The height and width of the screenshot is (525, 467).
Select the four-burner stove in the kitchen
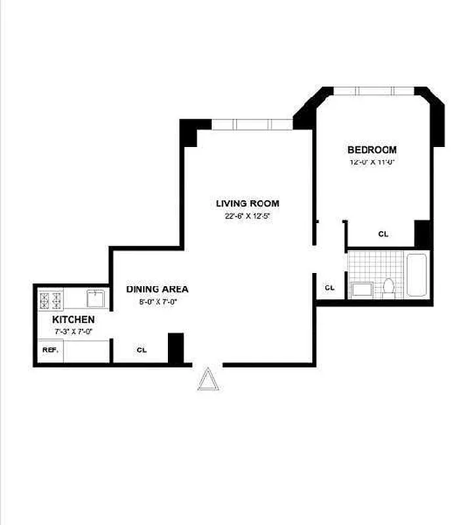pyautogui.click(x=51, y=301)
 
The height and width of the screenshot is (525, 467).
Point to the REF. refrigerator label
pyautogui.click(x=51, y=350)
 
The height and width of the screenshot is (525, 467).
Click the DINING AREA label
pyautogui.click(x=157, y=289)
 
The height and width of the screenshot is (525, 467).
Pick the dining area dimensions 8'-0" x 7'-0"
pyautogui.click(x=157, y=302)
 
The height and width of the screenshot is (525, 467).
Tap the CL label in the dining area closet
pyautogui.click(x=141, y=350)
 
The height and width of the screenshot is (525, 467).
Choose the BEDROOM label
pyautogui.click(x=372, y=150)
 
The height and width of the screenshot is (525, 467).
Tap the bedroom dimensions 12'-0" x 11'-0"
pyautogui.click(x=372, y=162)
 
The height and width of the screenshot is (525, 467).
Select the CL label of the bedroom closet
pyautogui.click(x=383, y=234)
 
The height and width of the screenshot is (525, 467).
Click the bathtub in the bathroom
pyautogui.click(x=418, y=276)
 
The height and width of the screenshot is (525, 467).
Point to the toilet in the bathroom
pyautogui.click(x=388, y=287)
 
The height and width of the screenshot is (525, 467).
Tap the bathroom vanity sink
pyautogui.click(x=361, y=289)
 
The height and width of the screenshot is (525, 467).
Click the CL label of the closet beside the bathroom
pyautogui.click(x=329, y=287)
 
